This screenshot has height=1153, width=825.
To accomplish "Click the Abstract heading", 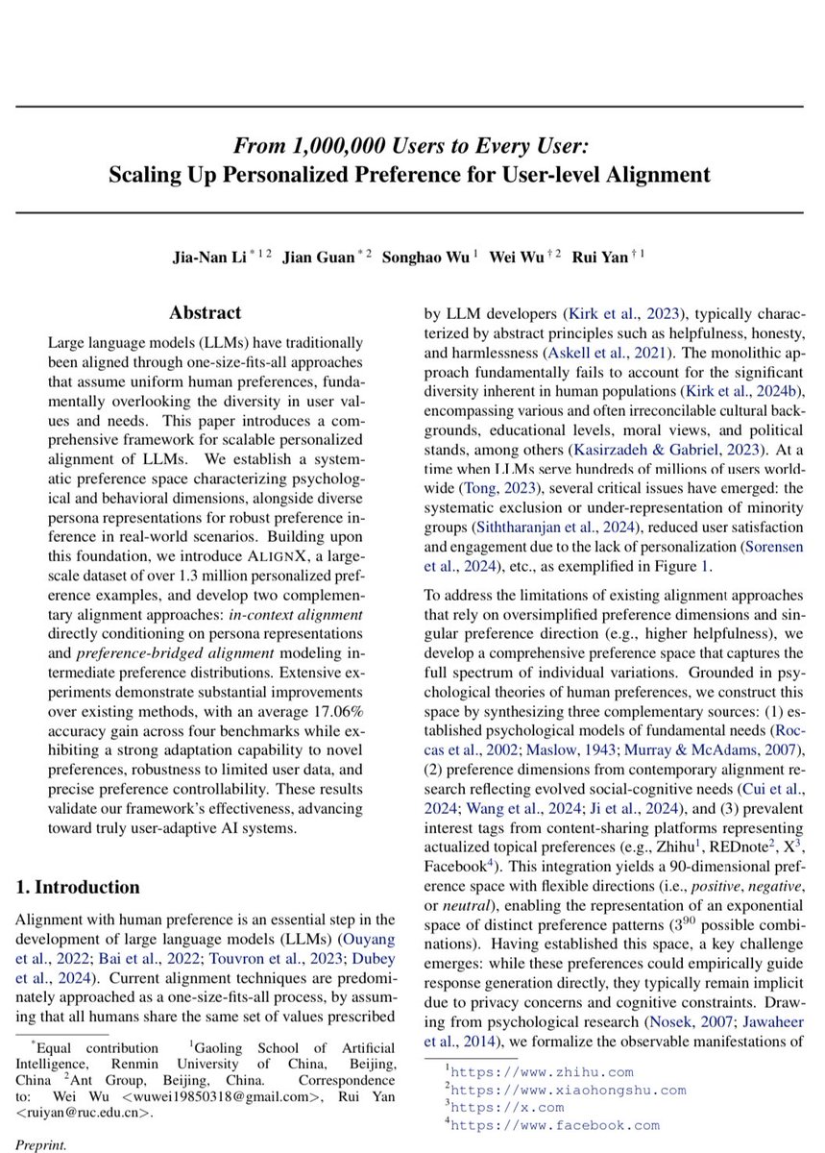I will [206, 312].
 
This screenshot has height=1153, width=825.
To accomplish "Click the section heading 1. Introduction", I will [78, 886].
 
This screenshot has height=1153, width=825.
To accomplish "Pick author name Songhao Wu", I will [421, 258].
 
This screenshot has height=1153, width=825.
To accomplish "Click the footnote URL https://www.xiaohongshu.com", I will [568, 1090].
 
